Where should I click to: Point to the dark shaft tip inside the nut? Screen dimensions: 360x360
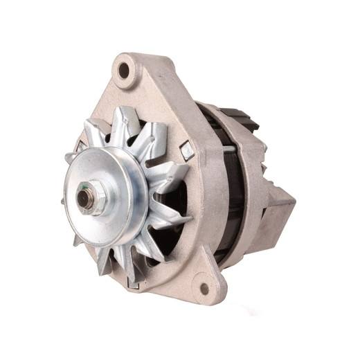click(84, 198)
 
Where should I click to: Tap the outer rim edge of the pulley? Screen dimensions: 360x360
click(142, 208)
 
